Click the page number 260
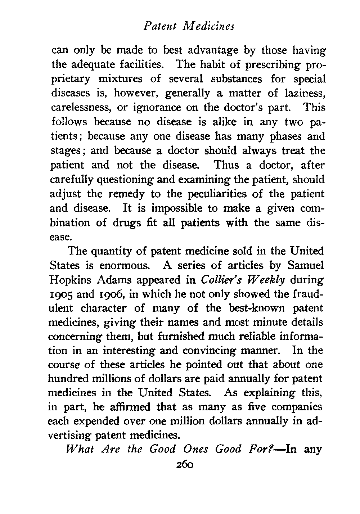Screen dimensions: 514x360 pyautogui.click(x=185, y=464)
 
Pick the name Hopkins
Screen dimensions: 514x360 pyautogui.click(x=71, y=280)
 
